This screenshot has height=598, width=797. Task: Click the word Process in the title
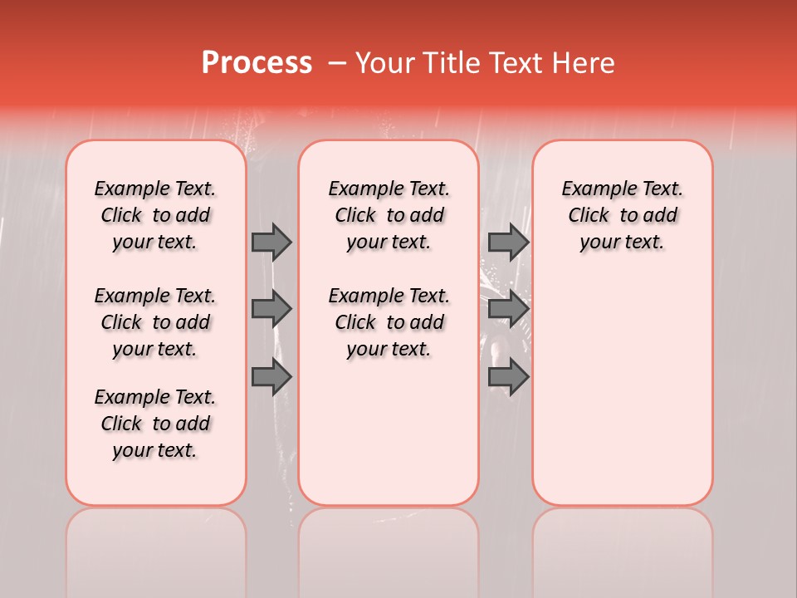tap(257, 63)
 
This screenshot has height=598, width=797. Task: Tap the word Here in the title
tap(582, 63)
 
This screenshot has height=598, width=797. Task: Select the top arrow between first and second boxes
tap(271, 242)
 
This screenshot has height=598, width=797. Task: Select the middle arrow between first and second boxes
tap(271, 309)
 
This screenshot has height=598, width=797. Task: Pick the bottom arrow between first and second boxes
tap(271, 377)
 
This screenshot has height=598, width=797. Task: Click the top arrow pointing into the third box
tap(508, 242)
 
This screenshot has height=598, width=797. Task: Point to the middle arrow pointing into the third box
tap(508, 309)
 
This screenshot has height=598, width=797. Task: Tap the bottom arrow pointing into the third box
tap(508, 377)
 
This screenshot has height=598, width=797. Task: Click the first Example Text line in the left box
tap(155, 189)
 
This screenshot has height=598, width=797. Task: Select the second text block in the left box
tap(155, 322)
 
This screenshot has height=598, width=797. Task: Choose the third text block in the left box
tap(155, 424)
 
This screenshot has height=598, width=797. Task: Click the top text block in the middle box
tap(389, 215)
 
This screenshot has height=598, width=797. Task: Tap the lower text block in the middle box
tap(389, 322)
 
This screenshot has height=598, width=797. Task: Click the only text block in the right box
tap(623, 215)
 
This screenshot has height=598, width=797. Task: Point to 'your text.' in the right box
tap(623, 243)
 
